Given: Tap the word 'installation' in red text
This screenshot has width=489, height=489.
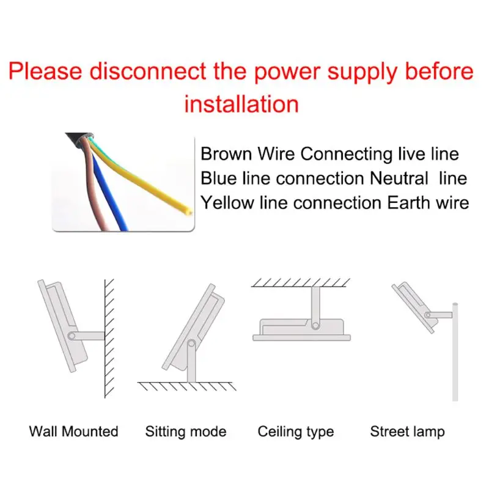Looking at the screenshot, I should click(x=241, y=104).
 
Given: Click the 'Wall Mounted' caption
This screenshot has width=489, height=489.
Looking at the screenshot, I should click(x=73, y=432).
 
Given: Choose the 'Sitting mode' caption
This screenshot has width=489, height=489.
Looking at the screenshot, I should click(x=186, y=432).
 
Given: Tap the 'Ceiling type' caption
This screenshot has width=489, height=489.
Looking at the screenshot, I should click(x=296, y=432).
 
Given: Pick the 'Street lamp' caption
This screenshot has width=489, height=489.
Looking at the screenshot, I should click(x=407, y=432).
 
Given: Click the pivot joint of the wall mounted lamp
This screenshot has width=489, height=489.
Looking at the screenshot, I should click(x=72, y=336).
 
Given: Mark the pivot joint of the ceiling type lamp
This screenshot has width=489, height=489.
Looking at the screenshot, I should click(x=315, y=324).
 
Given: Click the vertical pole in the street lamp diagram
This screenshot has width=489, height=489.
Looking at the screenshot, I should click(x=454, y=355).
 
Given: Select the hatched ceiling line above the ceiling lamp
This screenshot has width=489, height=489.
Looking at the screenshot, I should click(x=301, y=282).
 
